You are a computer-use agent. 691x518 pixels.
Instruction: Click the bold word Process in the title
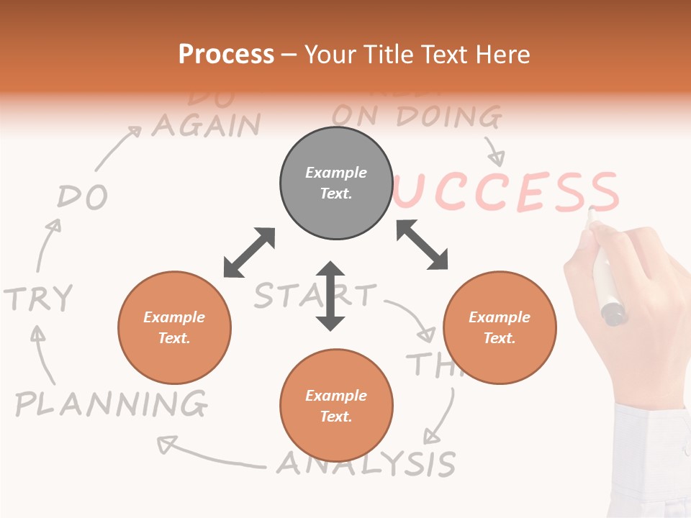click(226, 55)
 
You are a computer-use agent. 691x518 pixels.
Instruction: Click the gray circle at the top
click(336, 183)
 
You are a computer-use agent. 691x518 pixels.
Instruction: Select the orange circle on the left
click(174, 328)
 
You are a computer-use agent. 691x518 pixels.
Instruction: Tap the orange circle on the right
click(500, 328)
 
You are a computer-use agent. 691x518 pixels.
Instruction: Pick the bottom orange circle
click(336, 406)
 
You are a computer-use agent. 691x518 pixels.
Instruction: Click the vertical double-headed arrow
click(330, 296)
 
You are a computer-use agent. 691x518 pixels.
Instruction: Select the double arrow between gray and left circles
click(249, 253)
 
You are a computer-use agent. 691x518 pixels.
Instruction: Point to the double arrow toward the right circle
click(422, 245)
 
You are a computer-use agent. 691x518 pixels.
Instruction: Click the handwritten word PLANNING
click(112, 404)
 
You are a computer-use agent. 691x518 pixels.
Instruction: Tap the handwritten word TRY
click(39, 298)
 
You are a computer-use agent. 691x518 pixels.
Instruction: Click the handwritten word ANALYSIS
click(367, 463)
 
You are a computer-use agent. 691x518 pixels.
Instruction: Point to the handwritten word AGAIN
click(206, 126)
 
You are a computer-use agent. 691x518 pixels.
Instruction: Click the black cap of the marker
click(613, 314)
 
